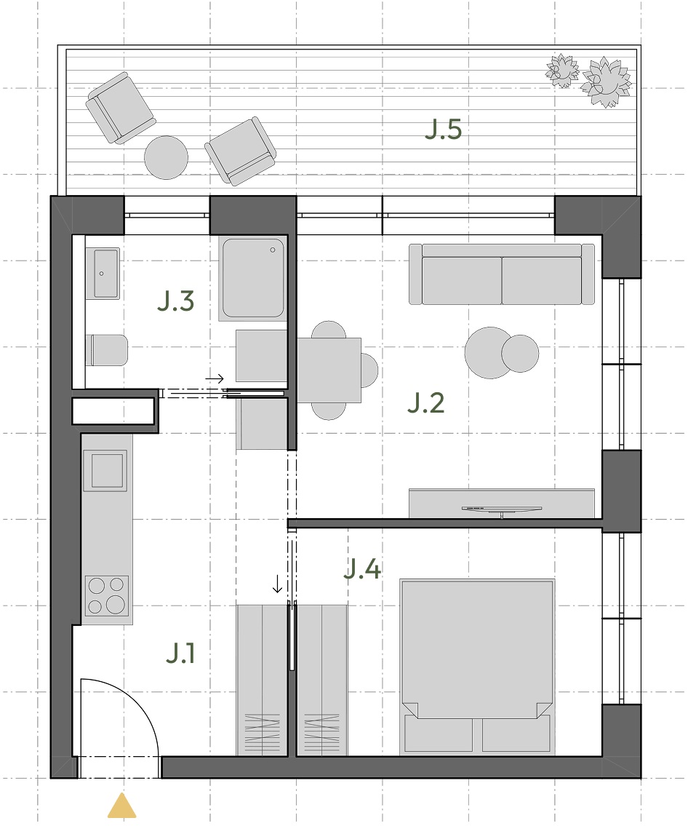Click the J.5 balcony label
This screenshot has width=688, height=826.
(x=443, y=130)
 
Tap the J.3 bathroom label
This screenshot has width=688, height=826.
(x=176, y=301)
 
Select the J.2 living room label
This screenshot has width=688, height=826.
(x=426, y=403)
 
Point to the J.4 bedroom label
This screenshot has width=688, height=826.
(x=362, y=569)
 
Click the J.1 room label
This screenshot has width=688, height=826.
(x=180, y=654)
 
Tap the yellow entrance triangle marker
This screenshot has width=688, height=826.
(x=122, y=806)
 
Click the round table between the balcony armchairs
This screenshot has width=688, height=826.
(x=167, y=157)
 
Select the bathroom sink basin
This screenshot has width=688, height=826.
(x=106, y=274)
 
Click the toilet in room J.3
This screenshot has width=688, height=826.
(x=107, y=350)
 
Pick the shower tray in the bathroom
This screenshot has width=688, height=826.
(x=253, y=278)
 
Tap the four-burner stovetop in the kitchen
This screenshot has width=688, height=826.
(x=107, y=595)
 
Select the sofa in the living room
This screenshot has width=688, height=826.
(x=502, y=274)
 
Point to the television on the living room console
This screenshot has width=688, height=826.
(x=502, y=509)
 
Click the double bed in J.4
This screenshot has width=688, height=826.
(x=477, y=667)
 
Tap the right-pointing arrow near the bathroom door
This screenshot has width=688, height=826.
(x=215, y=378)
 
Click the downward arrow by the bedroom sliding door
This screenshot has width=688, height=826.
(x=277, y=584)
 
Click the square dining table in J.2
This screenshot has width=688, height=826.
(x=329, y=370)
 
